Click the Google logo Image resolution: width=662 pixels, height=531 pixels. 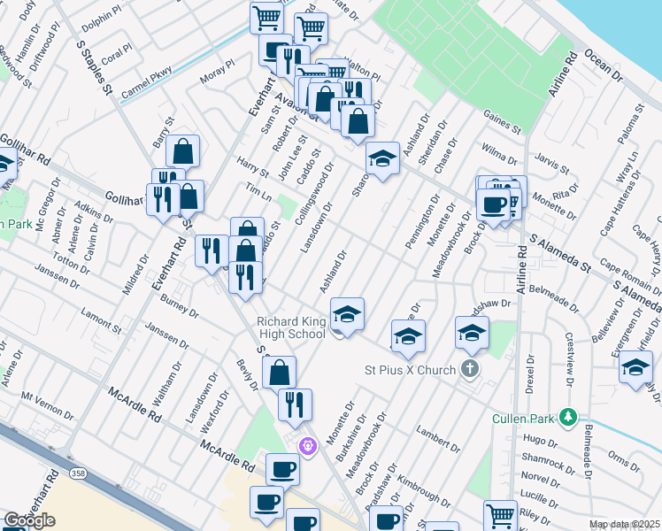click(x=29, y=520)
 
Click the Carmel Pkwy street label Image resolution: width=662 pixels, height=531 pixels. click(x=146, y=84)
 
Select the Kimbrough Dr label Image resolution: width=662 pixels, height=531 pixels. click(x=417, y=490)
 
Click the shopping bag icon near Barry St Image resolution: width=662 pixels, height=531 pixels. click(x=182, y=151)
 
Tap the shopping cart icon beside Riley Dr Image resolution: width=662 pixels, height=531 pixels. click(x=500, y=515)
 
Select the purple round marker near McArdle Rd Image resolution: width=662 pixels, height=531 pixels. click(x=308, y=445)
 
